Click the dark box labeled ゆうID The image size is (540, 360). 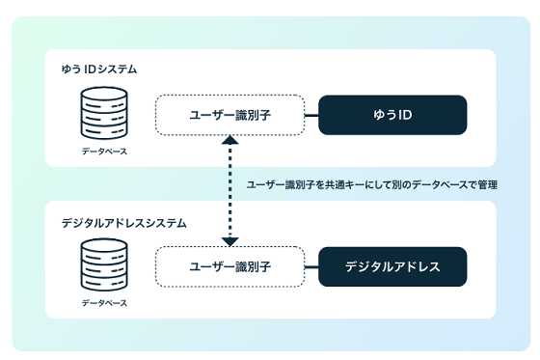(393, 115)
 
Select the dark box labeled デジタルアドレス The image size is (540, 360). (393, 266)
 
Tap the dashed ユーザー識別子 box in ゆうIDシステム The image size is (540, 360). (229, 115)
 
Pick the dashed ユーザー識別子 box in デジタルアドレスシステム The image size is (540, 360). (229, 266)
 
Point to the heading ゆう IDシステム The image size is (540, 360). (98, 69)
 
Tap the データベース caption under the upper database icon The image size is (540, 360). (103, 152)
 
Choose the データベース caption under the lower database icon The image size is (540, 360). (103, 302)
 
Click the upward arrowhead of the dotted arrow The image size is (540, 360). (229, 142)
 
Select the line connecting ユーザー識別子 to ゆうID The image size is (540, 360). (311, 115)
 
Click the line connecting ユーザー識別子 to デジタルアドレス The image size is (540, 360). (311, 266)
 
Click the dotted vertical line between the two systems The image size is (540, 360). (229, 193)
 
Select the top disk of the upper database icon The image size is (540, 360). (103, 96)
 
